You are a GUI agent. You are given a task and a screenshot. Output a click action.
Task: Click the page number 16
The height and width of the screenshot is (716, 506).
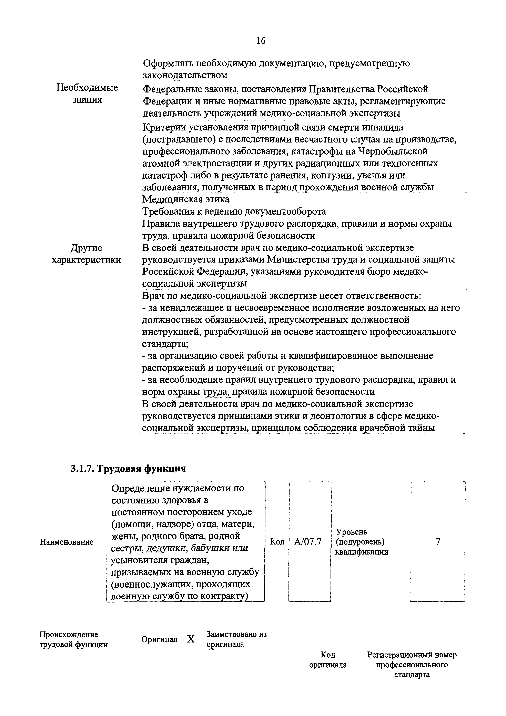tap(261, 41)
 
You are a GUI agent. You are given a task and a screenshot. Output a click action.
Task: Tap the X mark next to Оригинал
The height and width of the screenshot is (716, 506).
tap(191, 640)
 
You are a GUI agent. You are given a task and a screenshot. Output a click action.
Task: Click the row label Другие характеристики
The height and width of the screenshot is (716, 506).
tap(86, 254)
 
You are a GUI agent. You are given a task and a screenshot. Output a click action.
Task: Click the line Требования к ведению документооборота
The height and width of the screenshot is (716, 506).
tap(234, 212)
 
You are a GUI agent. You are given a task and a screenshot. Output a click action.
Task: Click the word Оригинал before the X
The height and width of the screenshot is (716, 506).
tap(159, 640)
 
